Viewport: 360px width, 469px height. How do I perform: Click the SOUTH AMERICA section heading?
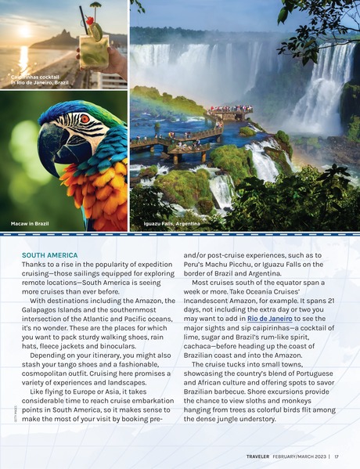click(49, 255)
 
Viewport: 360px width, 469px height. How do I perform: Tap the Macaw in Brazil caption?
click(31, 225)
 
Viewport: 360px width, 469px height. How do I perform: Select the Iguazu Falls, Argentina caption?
click(171, 225)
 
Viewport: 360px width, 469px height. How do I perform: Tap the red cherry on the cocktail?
click(90, 20)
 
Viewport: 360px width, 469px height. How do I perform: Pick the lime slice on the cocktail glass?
click(96, 31)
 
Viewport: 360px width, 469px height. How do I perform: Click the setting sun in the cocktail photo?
click(22, 32)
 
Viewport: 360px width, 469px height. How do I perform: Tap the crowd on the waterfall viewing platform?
click(230, 109)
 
